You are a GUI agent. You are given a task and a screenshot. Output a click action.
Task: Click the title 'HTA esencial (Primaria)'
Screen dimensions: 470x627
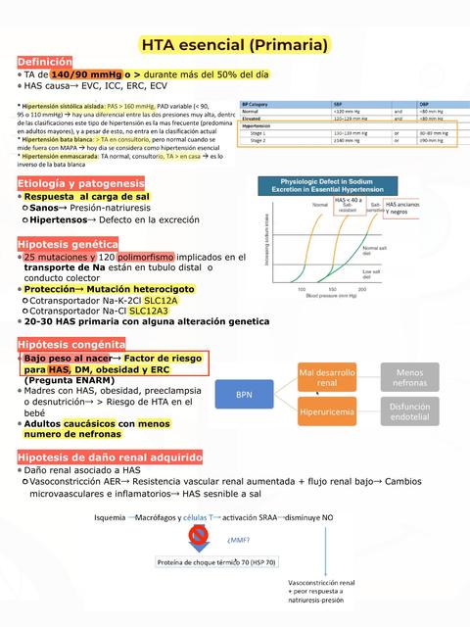[235, 45]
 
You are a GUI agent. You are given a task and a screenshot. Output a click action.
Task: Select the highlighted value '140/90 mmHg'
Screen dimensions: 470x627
[87, 74]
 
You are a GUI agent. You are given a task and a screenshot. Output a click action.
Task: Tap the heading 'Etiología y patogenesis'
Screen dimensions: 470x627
[80, 184]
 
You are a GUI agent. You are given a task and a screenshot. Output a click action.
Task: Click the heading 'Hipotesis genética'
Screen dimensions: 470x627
[68, 243]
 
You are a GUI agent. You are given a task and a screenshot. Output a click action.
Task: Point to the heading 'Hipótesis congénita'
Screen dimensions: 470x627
[70, 344]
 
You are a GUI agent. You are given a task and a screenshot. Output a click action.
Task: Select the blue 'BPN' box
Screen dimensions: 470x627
[244, 394]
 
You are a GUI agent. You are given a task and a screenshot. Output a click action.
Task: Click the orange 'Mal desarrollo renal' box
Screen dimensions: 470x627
[327, 378]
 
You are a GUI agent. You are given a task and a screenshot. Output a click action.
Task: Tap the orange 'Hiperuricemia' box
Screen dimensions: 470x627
[327, 412]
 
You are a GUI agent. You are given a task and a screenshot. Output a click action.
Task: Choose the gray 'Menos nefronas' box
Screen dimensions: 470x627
[409, 378]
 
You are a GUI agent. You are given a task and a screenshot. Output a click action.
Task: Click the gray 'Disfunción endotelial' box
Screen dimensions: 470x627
[409, 412]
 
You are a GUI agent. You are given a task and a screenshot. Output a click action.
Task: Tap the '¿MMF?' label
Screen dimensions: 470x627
[238, 539]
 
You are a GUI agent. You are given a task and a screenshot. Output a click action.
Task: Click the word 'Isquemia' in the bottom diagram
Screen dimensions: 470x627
[110, 516]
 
